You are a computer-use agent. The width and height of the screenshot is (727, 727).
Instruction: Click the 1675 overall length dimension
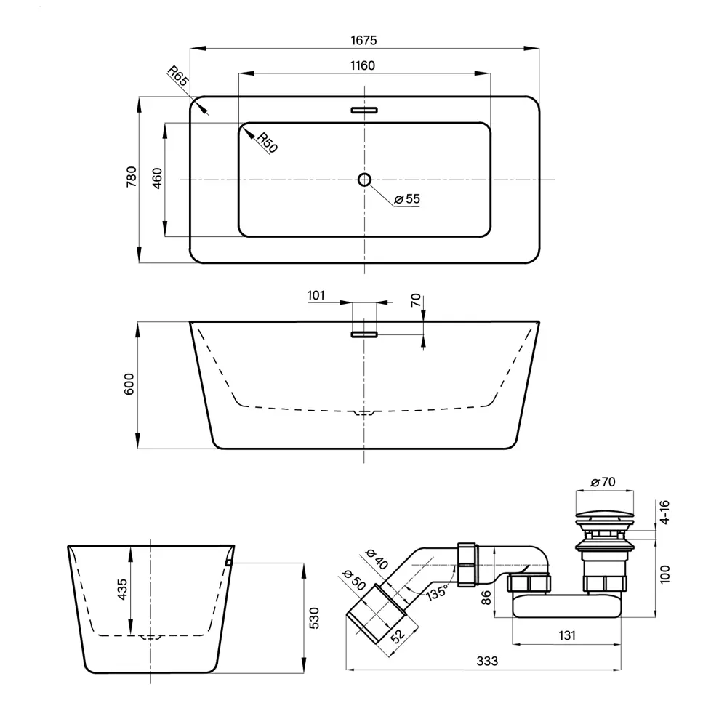click(363, 40)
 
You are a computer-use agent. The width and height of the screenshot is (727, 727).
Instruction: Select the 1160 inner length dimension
click(363, 66)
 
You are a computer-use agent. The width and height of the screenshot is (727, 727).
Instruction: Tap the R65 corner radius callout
click(178, 76)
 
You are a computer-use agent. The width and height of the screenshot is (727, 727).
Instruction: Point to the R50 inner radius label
click(268, 142)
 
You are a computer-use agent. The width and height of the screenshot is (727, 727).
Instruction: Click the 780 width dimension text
click(132, 177)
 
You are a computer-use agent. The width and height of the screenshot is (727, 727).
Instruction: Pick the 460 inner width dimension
click(157, 179)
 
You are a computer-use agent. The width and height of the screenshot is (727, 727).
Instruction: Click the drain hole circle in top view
click(364, 180)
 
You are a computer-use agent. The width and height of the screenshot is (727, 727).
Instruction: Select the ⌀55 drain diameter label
click(407, 199)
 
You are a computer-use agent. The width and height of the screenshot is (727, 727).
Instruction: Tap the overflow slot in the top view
click(364, 111)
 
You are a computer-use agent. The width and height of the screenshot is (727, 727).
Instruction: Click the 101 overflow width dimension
click(316, 295)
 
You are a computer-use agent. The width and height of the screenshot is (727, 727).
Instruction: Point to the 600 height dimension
click(129, 384)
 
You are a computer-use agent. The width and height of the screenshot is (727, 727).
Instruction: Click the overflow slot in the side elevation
click(364, 334)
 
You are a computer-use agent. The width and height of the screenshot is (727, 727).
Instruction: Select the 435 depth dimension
click(122, 590)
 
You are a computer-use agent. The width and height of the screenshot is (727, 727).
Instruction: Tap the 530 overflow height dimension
click(314, 618)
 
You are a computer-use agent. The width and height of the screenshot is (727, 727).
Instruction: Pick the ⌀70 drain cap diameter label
click(603, 482)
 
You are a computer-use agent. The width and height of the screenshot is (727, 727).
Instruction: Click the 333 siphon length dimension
click(487, 661)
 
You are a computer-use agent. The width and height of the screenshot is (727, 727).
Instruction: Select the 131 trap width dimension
click(566, 635)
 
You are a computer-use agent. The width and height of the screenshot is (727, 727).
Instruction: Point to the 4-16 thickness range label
click(664, 513)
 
